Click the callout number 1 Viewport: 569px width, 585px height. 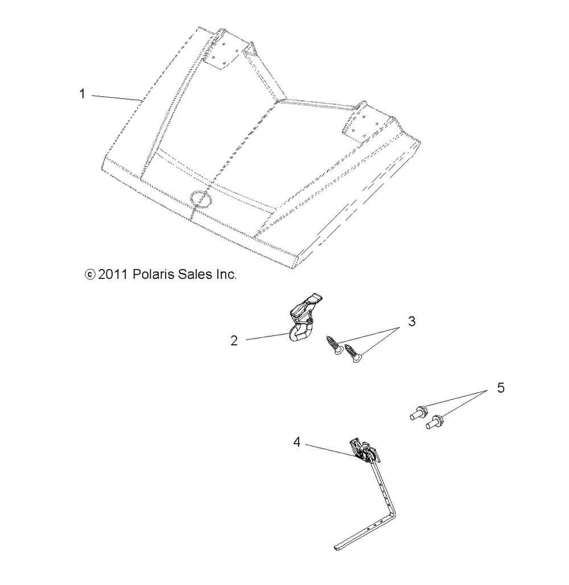pyautogui.click(x=83, y=94)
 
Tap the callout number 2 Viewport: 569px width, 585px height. pyautogui.click(x=234, y=340)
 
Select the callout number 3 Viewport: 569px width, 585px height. pyautogui.click(x=411, y=322)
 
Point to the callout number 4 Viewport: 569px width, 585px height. pyautogui.click(x=297, y=442)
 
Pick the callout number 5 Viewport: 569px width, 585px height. pyautogui.click(x=500, y=388)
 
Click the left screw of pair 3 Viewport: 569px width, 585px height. pyautogui.click(x=334, y=345)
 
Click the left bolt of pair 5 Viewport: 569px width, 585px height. pyautogui.click(x=418, y=412)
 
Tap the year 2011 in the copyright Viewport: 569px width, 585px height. pyautogui.click(x=113, y=275)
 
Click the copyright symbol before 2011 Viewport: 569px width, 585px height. pyautogui.click(x=90, y=275)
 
